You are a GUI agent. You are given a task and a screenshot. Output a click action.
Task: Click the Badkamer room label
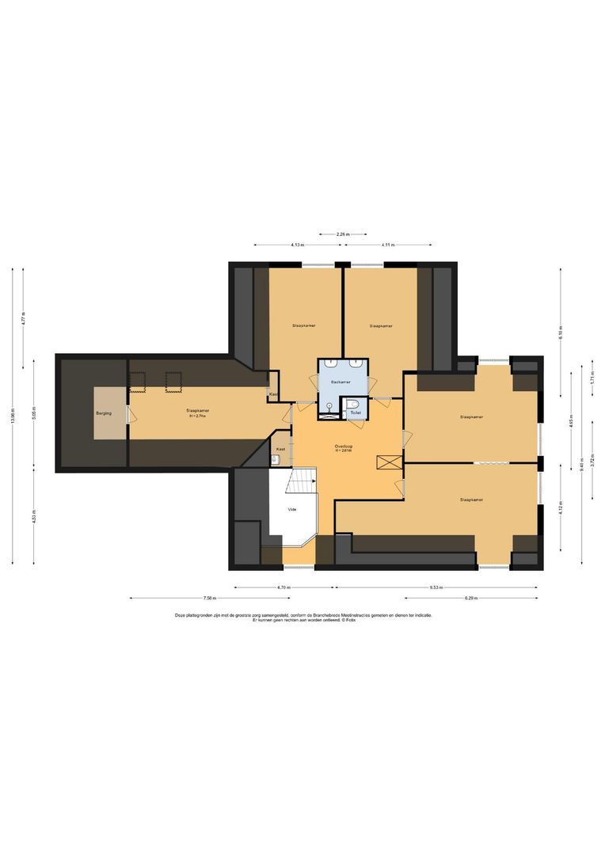[x=342, y=382]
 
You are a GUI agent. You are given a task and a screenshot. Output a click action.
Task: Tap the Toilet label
[x=355, y=412]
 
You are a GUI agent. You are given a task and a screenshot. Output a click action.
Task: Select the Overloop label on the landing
[x=344, y=446]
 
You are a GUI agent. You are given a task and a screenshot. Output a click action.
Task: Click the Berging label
[x=104, y=413]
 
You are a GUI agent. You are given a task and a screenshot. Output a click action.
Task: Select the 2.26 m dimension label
[x=343, y=234]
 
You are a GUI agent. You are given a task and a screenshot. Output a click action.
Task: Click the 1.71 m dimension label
[x=592, y=379]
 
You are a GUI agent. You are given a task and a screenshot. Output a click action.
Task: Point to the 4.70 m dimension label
[x=284, y=588]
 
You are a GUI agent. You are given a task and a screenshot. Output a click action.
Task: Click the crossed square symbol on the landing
[x=387, y=462]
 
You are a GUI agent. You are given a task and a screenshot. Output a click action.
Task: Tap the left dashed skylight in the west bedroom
[x=139, y=382]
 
